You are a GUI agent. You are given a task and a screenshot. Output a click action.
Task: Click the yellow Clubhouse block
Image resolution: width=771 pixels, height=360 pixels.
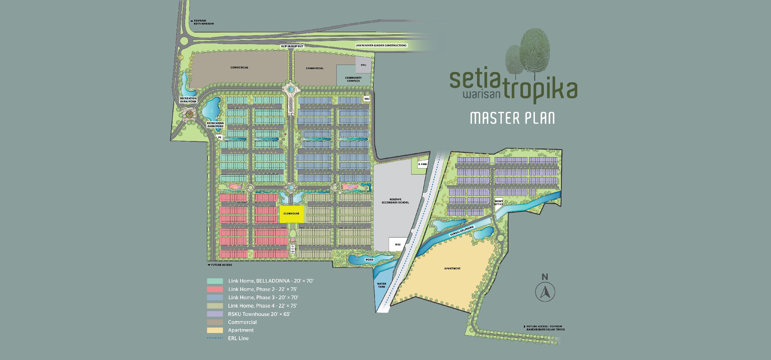click(291, 214)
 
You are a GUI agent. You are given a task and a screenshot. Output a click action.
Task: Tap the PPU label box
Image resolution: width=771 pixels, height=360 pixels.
click(363, 65)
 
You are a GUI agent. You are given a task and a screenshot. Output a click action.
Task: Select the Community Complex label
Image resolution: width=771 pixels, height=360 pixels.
click(353, 79)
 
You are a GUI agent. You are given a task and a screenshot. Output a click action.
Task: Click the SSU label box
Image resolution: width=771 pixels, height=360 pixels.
click(367, 99)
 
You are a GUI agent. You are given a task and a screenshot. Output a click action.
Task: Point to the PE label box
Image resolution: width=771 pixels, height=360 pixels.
click(220, 137)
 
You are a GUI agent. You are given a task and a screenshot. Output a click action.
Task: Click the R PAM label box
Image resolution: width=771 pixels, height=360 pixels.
click(422, 164)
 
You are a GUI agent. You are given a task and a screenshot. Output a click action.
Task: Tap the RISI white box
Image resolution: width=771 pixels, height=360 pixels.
click(398, 245)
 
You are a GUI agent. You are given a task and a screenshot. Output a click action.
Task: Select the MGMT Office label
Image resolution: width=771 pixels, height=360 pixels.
click(499, 203)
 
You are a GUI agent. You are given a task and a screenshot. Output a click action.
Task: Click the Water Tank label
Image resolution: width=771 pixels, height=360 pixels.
click(382, 285)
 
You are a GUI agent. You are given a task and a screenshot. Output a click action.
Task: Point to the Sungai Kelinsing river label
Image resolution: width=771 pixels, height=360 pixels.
click(462, 231)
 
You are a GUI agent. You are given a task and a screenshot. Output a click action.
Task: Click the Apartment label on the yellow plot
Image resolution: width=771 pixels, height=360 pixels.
click(452, 268)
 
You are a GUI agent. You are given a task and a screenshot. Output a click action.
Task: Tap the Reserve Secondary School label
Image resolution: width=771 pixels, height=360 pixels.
click(395, 201)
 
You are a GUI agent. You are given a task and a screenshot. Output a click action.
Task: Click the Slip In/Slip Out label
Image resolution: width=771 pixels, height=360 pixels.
click(292, 46)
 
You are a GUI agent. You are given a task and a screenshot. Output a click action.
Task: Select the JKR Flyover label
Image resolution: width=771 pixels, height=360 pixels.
click(381, 45)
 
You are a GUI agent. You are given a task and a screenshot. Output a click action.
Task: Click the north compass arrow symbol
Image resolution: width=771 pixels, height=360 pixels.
click(545, 292)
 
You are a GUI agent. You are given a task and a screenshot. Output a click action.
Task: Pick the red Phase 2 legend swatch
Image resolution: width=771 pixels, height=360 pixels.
click(215, 289)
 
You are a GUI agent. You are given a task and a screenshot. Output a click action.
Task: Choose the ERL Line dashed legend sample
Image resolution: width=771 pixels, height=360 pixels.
click(215, 338)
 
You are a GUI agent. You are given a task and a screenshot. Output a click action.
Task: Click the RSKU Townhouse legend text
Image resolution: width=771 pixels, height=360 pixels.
click(259, 314)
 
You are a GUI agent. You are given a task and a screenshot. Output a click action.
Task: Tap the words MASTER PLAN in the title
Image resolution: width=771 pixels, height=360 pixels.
click(512, 118)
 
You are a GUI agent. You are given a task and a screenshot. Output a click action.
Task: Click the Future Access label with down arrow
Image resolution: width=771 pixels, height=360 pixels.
click(220, 265)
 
